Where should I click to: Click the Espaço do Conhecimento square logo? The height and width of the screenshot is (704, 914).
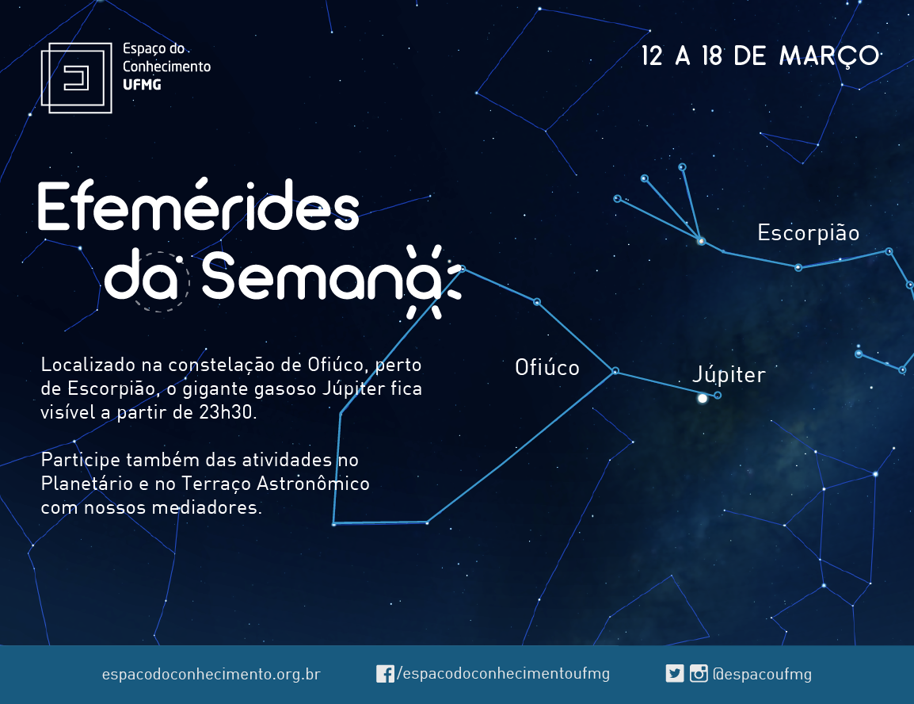pos(76,78)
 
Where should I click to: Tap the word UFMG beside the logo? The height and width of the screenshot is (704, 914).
pos(142,85)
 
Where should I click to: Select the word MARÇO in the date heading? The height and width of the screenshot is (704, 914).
pos(829,56)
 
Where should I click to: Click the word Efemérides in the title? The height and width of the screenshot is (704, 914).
pos(198,206)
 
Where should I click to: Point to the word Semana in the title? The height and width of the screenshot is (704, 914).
pos(321,277)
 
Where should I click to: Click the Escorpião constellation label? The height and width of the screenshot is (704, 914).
pos(809,233)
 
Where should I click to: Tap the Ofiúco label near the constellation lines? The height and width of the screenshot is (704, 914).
pos(546,367)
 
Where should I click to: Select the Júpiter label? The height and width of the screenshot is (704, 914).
pos(729,374)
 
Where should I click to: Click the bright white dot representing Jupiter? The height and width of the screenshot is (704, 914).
pos(703,398)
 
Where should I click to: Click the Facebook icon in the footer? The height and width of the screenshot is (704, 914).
pos(385,674)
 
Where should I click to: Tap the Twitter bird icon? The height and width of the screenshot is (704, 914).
pos(675,674)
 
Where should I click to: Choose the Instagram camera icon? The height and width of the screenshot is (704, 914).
pos(699,674)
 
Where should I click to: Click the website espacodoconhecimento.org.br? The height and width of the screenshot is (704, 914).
pos(211,674)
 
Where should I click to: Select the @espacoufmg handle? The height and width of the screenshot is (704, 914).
pos(763,674)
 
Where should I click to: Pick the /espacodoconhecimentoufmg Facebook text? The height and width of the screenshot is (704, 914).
pos(503,674)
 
